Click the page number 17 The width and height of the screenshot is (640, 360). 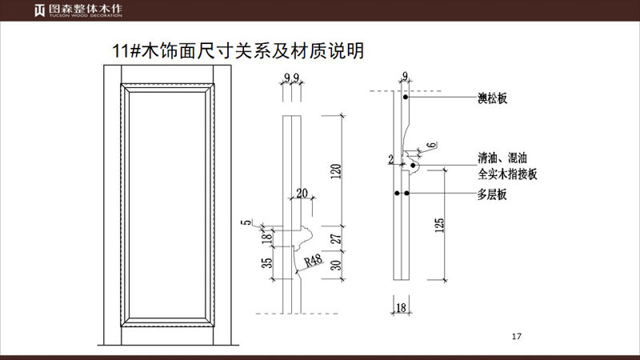(x=516, y=335)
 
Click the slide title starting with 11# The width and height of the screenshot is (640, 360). (x=239, y=52)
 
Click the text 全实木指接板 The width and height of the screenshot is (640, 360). (x=507, y=173)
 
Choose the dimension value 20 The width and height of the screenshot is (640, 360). (x=301, y=193)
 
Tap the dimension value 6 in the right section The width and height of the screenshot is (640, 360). (x=431, y=145)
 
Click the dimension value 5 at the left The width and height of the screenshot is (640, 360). (x=250, y=223)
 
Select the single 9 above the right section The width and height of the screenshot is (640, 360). (x=405, y=76)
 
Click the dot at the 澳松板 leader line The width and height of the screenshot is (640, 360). (x=406, y=98)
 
